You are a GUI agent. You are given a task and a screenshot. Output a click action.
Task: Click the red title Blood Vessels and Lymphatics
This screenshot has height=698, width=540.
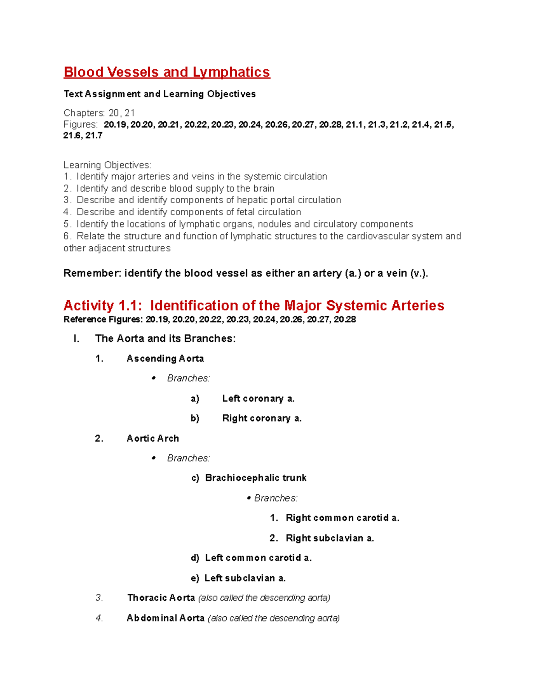pyautogui.click(x=166, y=72)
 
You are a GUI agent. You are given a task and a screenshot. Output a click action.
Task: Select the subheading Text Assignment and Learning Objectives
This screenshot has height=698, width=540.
pyautogui.click(x=159, y=94)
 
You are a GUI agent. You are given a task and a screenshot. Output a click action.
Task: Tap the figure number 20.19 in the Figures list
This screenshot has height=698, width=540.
pyautogui.click(x=115, y=124)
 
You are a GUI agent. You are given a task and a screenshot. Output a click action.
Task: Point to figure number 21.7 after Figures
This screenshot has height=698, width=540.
pyautogui.click(x=94, y=135)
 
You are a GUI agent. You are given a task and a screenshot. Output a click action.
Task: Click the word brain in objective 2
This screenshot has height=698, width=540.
pyautogui.click(x=263, y=188)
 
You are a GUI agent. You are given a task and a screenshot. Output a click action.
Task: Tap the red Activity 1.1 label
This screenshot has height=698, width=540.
pyautogui.click(x=103, y=306)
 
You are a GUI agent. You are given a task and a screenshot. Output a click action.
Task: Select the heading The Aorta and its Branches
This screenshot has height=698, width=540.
pyautogui.click(x=165, y=338)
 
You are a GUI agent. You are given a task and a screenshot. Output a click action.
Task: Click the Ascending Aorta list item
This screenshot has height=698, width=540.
pyautogui.click(x=165, y=359)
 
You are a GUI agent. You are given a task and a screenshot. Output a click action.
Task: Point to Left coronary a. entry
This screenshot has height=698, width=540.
pyautogui.click(x=258, y=399)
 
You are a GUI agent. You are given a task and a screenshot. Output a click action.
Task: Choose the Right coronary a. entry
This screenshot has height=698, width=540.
pyautogui.click(x=262, y=418)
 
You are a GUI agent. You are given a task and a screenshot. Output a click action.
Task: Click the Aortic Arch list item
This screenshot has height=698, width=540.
pyautogui.click(x=153, y=439)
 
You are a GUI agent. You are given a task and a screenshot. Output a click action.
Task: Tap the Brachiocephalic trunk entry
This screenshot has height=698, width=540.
pyautogui.click(x=256, y=478)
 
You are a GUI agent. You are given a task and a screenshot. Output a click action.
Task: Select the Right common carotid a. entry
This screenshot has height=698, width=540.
pyautogui.click(x=342, y=518)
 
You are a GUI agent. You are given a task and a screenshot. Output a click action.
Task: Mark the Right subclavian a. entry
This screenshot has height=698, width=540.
pyautogui.click(x=330, y=538)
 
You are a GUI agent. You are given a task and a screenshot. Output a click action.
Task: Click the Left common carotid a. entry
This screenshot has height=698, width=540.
pyautogui.click(x=258, y=558)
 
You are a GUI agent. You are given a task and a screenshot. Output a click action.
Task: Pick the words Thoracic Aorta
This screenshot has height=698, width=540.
pyautogui.click(x=161, y=598)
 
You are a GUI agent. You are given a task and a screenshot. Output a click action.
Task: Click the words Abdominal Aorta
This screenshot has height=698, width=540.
pyautogui.click(x=166, y=618)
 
